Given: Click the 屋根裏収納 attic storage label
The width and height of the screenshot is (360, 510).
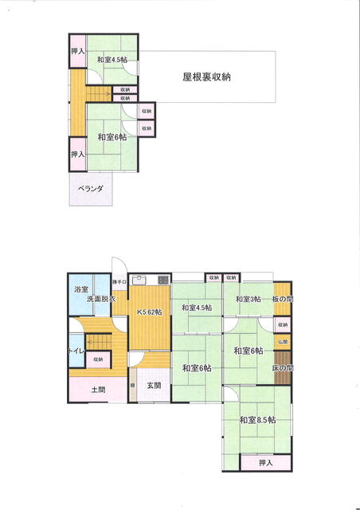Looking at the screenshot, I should [x=206, y=77].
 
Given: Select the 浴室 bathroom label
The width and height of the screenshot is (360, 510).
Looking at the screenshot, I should [x=80, y=289].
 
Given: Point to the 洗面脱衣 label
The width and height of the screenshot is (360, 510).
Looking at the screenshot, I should [x=101, y=299].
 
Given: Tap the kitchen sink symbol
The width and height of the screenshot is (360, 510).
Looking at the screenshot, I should [x=140, y=280].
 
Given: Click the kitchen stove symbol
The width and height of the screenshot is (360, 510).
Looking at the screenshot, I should [x=162, y=280].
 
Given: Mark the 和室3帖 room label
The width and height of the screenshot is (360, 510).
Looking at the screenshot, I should [x=248, y=299].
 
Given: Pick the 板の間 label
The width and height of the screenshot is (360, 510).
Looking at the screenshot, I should [x=282, y=299].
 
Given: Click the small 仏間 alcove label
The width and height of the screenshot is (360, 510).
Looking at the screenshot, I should [x=283, y=341].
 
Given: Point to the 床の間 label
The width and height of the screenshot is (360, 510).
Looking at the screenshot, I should [x=283, y=368].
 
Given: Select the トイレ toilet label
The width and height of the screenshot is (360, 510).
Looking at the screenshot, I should [x=77, y=348].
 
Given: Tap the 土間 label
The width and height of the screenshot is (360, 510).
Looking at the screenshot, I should [x=97, y=390].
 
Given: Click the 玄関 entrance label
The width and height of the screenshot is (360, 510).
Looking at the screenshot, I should [x=154, y=386].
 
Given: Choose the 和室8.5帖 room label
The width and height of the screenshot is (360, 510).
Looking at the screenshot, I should [x=256, y=419].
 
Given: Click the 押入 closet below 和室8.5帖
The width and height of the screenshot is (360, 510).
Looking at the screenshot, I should [x=265, y=462].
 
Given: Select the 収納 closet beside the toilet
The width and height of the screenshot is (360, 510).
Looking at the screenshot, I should [x=97, y=360].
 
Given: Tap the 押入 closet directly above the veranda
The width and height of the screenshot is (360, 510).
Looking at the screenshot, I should [x=77, y=154].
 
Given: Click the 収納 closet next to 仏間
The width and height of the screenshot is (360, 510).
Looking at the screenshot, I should [x=283, y=325].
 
